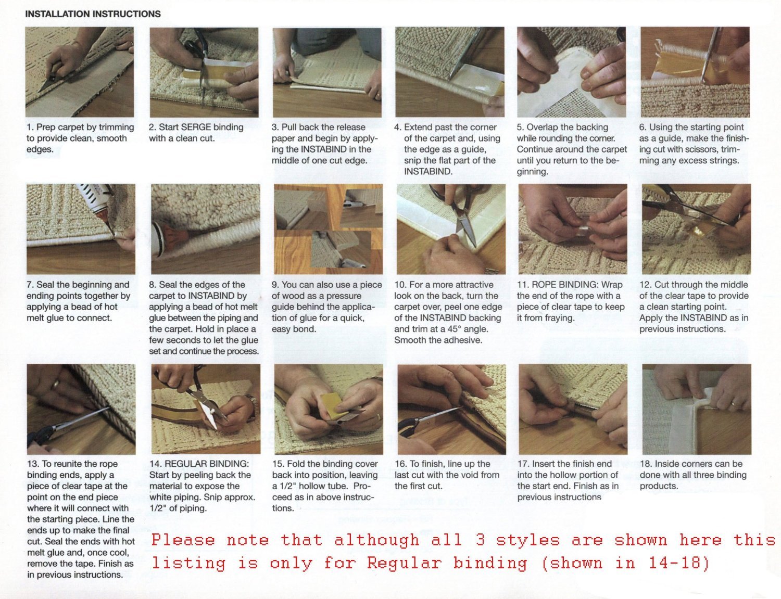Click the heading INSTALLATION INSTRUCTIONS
[93, 14]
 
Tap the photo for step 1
[79, 72]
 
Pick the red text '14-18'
[679, 563]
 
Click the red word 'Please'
[183, 540]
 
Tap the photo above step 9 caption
[328, 228]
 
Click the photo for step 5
[571, 72]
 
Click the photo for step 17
[573, 409]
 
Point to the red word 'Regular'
[404, 563]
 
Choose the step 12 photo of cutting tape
[696, 228]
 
